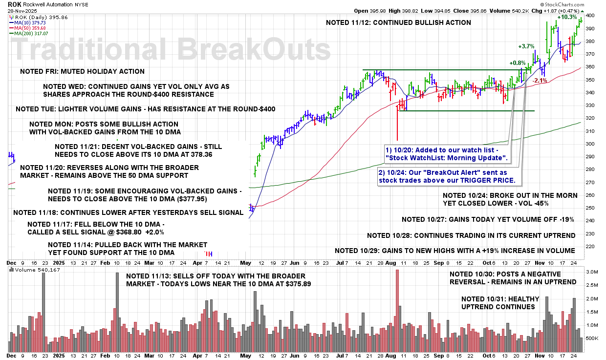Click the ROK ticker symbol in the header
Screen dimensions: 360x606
point(15,4)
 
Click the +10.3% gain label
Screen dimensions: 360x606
point(566,17)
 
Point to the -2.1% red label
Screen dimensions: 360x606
point(540,81)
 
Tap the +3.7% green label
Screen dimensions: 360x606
point(527,46)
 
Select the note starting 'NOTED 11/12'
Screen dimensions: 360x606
point(398,22)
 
